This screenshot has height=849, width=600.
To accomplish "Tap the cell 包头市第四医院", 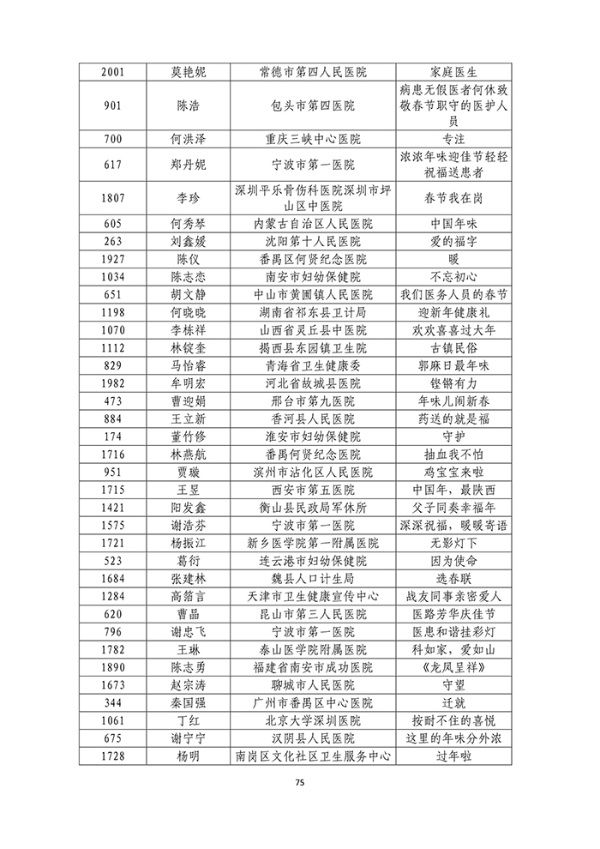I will [x=312, y=105].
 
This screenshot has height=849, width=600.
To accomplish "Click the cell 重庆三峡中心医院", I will [x=312, y=138].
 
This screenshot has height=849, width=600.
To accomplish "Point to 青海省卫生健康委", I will [x=312, y=365].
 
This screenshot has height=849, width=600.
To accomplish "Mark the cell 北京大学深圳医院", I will [x=312, y=720].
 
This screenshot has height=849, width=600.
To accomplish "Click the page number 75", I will [x=300, y=782].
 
